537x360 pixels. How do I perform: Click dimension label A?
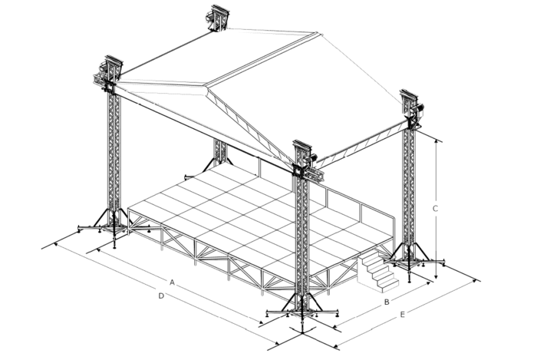[x=173, y=282]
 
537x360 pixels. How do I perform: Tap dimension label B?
[x=387, y=302]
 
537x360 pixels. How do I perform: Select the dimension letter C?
[x=435, y=208]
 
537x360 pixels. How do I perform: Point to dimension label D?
[x=161, y=296]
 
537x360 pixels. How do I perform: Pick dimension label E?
[x=403, y=315]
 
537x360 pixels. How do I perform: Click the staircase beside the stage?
[x=377, y=271]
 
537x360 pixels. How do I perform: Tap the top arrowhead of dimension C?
[x=436, y=141]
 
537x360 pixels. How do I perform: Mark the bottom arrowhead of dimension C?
[x=436, y=276]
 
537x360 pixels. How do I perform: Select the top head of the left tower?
[x=108, y=74]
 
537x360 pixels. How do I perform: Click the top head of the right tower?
[x=412, y=108]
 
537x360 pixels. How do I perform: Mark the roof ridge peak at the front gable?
[x=207, y=85]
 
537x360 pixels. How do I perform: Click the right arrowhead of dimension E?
[x=474, y=281]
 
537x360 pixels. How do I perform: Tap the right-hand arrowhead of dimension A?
[x=262, y=322]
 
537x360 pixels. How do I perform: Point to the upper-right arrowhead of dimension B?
[x=428, y=283]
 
